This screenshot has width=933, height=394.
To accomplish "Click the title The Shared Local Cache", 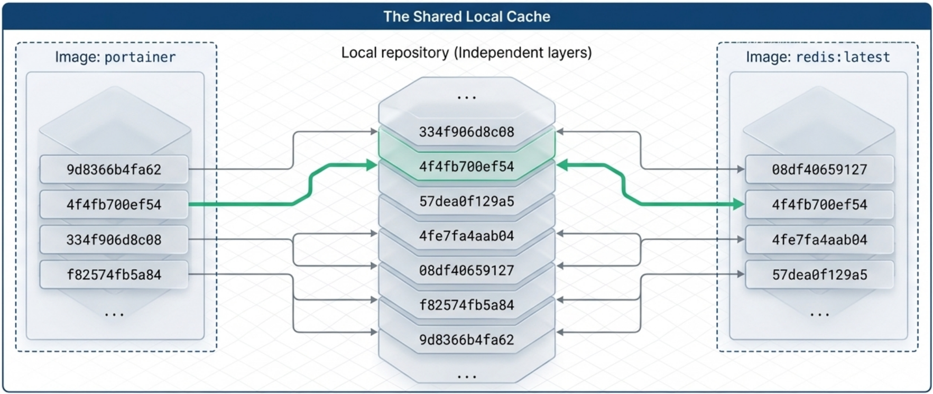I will tap(467, 16).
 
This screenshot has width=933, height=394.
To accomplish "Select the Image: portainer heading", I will tap(115, 57).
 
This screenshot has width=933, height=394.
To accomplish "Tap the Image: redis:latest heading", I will tap(818, 57).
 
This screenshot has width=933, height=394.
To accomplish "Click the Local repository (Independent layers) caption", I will tap(466, 53).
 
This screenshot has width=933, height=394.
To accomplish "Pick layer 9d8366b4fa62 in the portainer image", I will tap(114, 170).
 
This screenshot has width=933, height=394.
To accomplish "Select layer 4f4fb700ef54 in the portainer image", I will tap(114, 205).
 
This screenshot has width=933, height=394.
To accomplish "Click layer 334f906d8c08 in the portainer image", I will tap(114, 240).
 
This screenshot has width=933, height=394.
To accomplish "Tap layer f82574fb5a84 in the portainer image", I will tap(114, 274).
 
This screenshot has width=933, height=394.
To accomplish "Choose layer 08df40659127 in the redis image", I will tap(819, 170).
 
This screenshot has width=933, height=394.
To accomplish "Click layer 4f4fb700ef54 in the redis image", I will tap(819, 205).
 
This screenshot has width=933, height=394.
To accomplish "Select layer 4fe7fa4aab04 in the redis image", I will tap(819, 240).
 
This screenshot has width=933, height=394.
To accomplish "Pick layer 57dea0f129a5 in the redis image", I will tap(819, 274).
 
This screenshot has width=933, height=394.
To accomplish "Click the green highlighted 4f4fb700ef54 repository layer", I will tap(466, 167).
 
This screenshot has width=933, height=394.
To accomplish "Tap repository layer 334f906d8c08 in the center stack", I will tap(466, 132).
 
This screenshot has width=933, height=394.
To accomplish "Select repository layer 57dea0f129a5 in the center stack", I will tap(466, 201).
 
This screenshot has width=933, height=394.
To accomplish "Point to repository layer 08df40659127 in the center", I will tap(466, 270).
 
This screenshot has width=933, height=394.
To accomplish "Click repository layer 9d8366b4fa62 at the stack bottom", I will tap(466, 340).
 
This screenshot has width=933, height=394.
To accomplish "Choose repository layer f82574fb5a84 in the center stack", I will tap(466, 305).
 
